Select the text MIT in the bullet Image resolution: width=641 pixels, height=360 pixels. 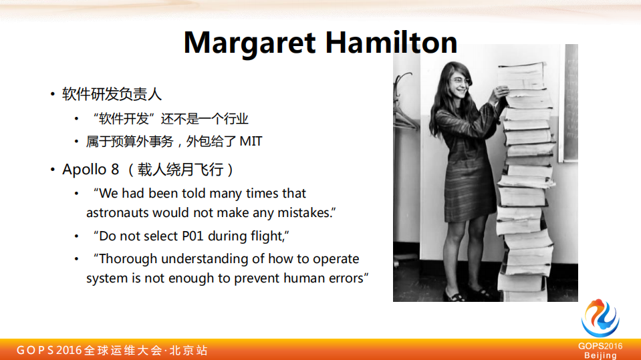pos(251,142)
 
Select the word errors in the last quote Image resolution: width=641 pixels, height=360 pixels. pos(342,278)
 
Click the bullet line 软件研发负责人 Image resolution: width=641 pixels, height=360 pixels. pos(112,94)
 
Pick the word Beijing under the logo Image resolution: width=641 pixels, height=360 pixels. pos(600,355)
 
